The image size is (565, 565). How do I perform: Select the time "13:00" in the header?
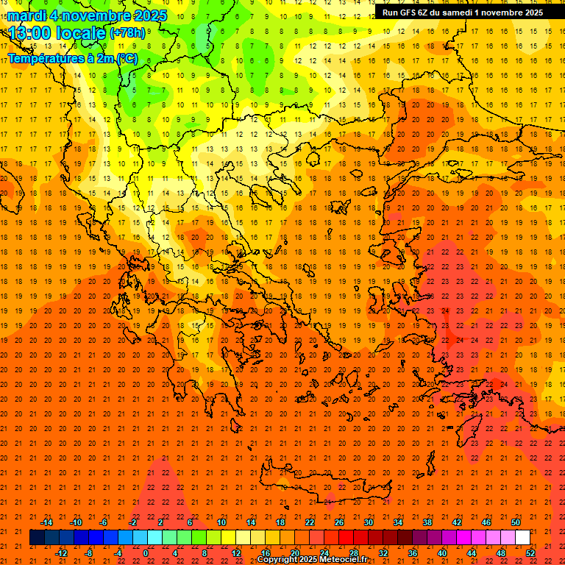[x=31, y=33]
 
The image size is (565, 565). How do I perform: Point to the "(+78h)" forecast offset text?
[x=127, y=33]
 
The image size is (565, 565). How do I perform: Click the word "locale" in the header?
[x=81, y=33]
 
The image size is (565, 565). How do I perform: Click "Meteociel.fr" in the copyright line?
[x=344, y=560]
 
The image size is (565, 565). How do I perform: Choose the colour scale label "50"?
[x=515, y=522]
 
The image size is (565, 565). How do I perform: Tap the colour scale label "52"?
[x=530, y=553]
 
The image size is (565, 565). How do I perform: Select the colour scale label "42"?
[x=456, y=522]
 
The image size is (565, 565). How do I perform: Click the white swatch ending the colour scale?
[x=522, y=538]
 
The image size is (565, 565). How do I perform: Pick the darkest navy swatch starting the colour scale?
[x=37, y=538]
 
